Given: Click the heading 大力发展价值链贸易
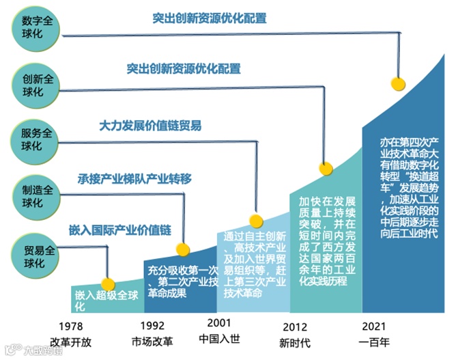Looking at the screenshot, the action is [x=150, y=126].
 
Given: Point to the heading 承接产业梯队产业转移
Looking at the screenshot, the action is [x=134, y=180].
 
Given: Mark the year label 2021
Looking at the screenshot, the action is [x=375, y=325].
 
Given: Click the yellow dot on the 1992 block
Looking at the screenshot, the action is [x=182, y=249].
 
